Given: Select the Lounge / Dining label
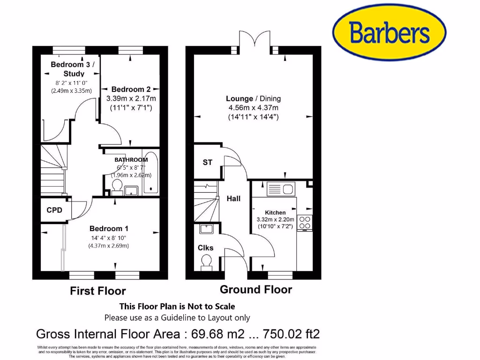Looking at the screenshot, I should coord(253,98).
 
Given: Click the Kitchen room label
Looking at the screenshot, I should coord(275,212).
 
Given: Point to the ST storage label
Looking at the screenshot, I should coord(207,163).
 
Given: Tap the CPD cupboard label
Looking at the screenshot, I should coord(54,210).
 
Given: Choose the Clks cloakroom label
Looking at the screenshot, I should coord(205,247).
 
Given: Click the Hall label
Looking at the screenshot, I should coord(233,199).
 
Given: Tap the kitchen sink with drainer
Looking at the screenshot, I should coord(280,189).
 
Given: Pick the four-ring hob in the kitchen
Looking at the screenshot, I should coord(305,223).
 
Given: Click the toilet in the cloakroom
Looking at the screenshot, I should coord(205,266).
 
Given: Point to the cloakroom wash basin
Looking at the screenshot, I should coord(206,229).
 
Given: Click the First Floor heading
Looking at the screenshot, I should coord(98,291).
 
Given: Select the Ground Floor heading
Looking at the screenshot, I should coord(256,290).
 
